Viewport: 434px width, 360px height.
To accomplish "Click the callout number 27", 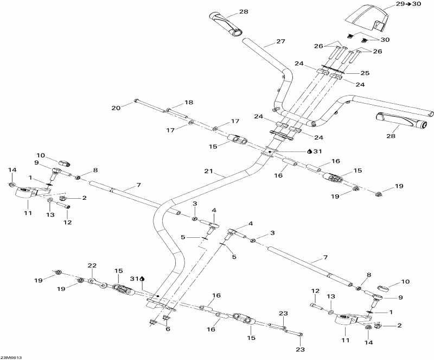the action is (280, 41).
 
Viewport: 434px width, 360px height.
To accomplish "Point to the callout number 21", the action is (208, 171).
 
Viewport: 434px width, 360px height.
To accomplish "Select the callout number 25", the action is (365, 73).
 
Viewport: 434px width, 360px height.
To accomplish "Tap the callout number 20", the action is (116, 108).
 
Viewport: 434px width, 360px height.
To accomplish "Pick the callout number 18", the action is (189, 102).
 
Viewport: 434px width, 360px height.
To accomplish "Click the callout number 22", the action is (92, 266).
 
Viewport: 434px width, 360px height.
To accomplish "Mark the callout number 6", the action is (168, 329).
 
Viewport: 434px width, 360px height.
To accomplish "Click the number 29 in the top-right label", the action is (400, 4).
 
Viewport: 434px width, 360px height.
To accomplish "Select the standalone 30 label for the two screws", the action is (385, 40).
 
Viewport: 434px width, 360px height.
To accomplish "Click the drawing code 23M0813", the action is (11, 357).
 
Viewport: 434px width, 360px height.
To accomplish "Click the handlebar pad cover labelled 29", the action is (365, 18).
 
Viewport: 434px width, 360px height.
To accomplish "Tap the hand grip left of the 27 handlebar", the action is (226, 24).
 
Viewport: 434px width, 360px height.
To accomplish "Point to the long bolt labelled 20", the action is (150, 105).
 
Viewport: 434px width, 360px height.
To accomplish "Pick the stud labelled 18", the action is (177, 113).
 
